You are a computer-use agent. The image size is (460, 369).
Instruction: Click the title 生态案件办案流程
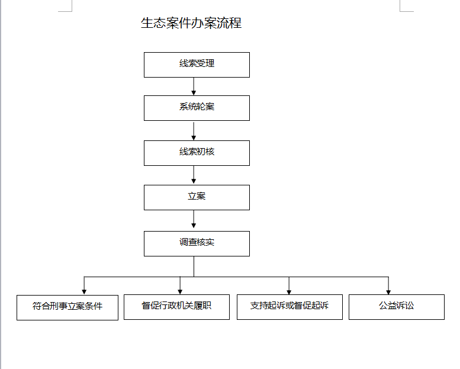(x=191, y=23)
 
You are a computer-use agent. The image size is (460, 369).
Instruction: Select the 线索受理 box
(x=197, y=65)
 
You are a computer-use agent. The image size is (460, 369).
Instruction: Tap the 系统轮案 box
(x=197, y=108)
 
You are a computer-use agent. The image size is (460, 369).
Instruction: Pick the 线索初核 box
(x=197, y=153)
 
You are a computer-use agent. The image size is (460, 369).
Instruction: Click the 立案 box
(x=197, y=198)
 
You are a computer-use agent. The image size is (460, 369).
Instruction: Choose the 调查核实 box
(x=197, y=243)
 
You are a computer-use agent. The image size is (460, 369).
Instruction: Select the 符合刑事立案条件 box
(x=67, y=307)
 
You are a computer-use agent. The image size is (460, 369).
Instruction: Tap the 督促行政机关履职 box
(x=176, y=307)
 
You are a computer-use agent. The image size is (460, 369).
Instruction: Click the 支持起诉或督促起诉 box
(x=289, y=307)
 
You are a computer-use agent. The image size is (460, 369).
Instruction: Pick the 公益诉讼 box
(x=397, y=307)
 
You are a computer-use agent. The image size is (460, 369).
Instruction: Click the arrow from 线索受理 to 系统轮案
(x=194, y=86)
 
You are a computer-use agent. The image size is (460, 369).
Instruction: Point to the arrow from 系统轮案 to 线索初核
(x=194, y=131)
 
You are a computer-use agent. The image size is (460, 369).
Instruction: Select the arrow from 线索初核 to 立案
(x=194, y=175)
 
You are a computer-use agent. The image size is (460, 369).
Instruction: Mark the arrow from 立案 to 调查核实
(x=194, y=219)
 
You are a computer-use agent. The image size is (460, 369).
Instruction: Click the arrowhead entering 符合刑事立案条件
(x=84, y=292)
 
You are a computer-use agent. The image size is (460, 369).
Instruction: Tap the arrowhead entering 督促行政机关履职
(x=180, y=292)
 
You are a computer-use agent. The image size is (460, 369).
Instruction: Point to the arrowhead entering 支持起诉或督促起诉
(x=289, y=292)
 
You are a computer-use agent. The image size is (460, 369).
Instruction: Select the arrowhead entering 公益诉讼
(x=388, y=292)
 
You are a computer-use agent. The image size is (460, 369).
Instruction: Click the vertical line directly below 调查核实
(x=194, y=267)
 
